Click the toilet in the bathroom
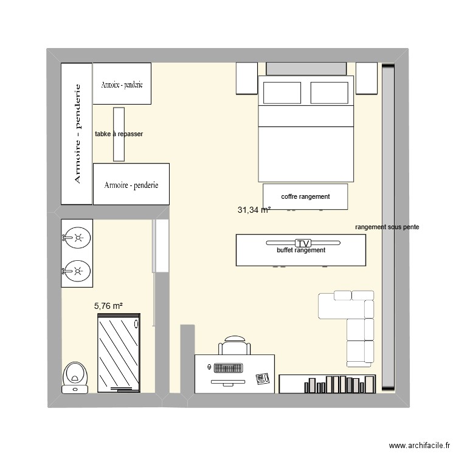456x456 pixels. tap(75, 378)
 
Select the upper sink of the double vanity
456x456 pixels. tap(77, 238)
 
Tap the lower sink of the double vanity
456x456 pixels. tap(77, 271)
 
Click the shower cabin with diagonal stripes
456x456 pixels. tap(119, 353)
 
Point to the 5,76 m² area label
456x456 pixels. tap(108, 306)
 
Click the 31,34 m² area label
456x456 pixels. tap(254, 210)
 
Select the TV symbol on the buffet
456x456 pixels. tap(303, 243)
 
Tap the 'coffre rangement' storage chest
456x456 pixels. tap(305, 196)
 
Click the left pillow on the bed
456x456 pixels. tap(282, 93)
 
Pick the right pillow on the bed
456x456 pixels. tap(329, 93)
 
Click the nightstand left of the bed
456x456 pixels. tap(247, 78)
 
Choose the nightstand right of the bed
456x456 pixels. tap(367, 78)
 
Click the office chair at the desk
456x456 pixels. tap(235, 345)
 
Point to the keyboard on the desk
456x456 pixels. tap(228, 368)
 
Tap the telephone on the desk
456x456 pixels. tap(263, 378)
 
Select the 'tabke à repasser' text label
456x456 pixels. tap(119, 134)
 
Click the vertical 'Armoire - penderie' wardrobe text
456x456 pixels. tap(77, 134)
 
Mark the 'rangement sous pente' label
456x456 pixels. tap(387, 227)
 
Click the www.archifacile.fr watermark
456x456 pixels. tap(420, 445)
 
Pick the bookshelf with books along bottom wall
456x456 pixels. tap(328, 384)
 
